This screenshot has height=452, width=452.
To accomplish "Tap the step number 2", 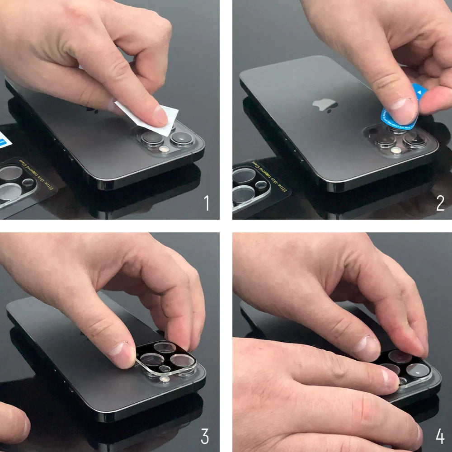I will coord(440,203).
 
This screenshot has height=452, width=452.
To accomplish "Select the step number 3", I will coord(205,437).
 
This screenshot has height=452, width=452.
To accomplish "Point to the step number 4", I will coord(440,437).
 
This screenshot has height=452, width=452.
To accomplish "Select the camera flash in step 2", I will coord(396,150).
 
